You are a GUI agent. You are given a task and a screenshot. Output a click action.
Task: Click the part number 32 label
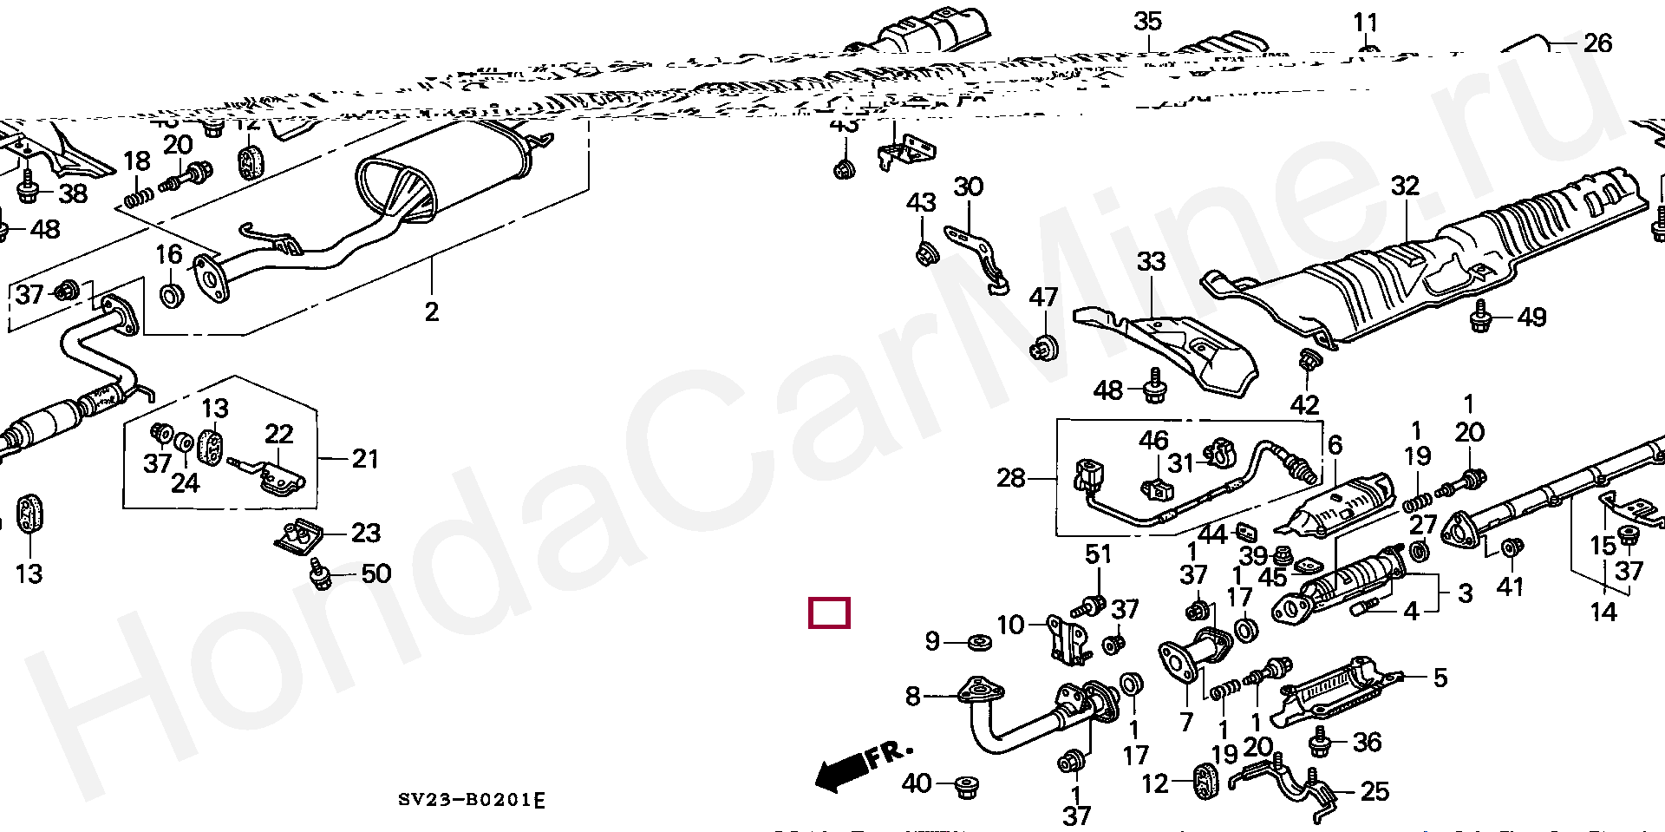1405,186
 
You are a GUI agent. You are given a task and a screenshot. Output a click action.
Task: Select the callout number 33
1151,261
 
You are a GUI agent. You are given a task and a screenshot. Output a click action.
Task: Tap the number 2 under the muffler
432,311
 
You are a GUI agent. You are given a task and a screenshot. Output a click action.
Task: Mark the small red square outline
829,613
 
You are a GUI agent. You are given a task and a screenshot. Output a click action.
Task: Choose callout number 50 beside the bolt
375,573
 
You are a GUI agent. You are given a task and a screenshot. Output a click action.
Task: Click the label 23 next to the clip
365,533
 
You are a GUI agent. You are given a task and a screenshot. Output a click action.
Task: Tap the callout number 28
1010,478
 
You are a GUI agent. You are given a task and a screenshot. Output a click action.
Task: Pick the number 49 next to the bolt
1531,318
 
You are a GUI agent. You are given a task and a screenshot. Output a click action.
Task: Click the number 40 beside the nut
917,784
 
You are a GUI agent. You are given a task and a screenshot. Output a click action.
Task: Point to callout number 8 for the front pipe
912,696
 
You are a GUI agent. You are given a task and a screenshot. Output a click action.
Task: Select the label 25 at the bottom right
1374,791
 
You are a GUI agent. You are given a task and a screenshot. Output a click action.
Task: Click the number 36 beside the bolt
1367,743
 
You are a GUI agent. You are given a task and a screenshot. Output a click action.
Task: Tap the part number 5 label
1440,678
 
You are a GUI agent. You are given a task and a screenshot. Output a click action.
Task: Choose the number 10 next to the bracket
1010,625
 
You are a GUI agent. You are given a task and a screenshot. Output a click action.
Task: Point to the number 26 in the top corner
1597,43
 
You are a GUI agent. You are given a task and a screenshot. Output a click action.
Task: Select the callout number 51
1098,554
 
